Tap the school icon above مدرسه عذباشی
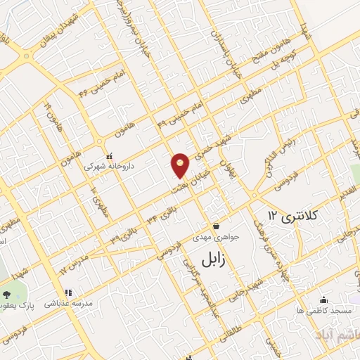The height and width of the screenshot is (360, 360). (x=68, y=293)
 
